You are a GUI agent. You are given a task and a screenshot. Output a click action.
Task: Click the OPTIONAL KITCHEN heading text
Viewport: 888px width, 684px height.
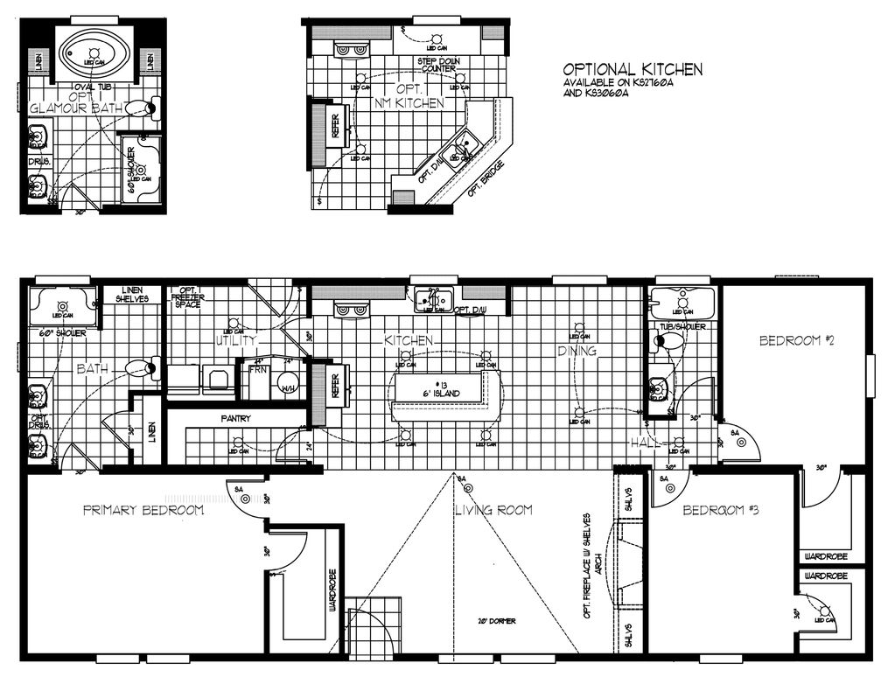tap(632, 69)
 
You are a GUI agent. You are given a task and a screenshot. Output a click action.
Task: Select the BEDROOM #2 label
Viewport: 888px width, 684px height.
tap(796, 341)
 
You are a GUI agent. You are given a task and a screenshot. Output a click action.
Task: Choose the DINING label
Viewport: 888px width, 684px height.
tap(577, 352)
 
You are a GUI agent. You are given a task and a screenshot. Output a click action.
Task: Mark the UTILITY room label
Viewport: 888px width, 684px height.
tap(236, 340)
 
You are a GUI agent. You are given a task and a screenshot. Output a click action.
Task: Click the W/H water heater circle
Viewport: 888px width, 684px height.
tap(290, 386)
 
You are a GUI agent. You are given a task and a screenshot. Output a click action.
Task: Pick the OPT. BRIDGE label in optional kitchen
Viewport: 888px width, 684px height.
tap(484, 178)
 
